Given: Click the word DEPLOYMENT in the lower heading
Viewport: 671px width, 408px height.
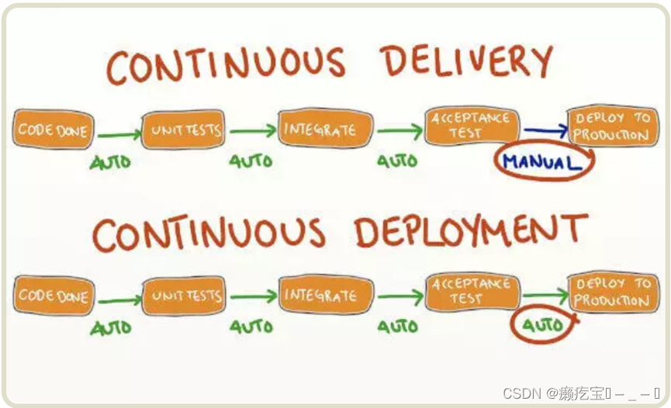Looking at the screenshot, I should (470, 232).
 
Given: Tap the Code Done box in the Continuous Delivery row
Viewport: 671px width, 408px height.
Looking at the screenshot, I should (53, 130).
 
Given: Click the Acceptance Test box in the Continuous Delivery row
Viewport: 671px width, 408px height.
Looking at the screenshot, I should (471, 125).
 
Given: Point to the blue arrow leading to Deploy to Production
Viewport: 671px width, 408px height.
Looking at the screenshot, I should (545, 131).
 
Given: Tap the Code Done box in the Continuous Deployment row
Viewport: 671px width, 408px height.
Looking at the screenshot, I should (53, 295).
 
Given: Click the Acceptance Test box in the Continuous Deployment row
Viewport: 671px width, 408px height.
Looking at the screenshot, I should (471, 291).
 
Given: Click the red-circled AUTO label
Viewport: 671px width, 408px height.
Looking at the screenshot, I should (542, 325).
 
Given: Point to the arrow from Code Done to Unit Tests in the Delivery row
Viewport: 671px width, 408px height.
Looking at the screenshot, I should (119, 134).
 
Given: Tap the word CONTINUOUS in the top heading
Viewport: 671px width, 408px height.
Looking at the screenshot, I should (225, 65).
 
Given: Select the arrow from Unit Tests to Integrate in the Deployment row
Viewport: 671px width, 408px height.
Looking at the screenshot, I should (252, 296).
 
